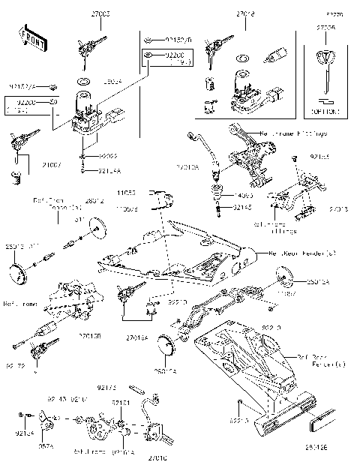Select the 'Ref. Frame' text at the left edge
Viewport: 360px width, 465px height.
tap(18, 304)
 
